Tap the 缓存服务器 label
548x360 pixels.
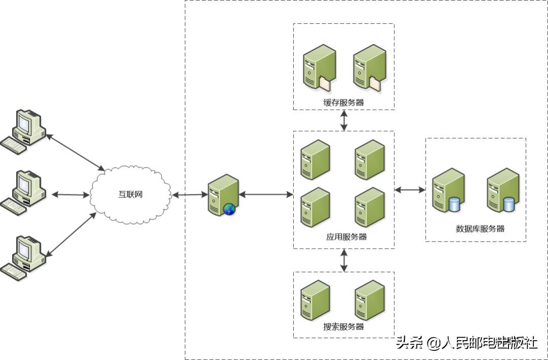tap(344, 103)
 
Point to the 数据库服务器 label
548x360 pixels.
tap(480, 228)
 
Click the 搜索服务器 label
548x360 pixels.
tap(344, 326)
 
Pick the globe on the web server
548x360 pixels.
tap(229, 209)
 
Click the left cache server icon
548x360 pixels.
tap(318, 68)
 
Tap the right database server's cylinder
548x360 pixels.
tap(508, 205)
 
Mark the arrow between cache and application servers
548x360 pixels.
tap(344, 120)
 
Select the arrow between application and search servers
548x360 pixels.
tap(344, 260)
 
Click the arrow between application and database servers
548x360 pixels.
tap(410, 190)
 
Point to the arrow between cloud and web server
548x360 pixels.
tap(189, 194)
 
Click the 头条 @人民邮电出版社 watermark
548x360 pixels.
tap(466, 343)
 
